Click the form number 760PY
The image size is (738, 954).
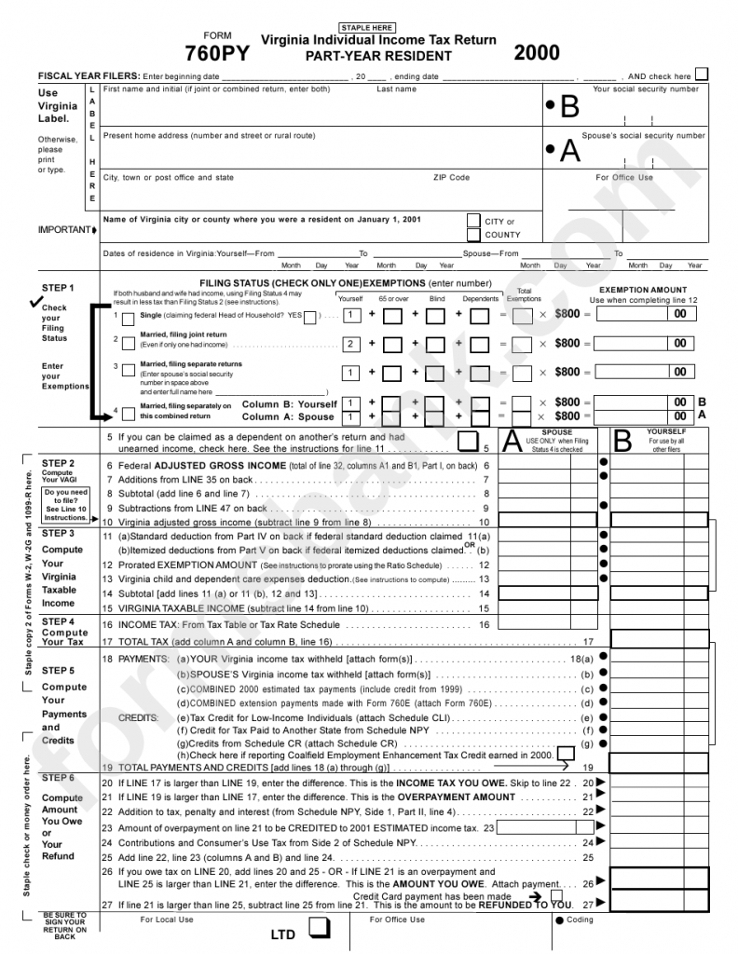(217, 53)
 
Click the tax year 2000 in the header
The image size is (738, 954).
(537, 52)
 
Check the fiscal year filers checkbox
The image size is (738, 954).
(702, 75)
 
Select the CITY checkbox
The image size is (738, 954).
(473, 221)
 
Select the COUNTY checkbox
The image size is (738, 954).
(473, 235)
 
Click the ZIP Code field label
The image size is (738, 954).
(451, 177)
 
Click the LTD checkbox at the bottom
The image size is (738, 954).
(320, 928)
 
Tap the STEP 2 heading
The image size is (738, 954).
(58, 463)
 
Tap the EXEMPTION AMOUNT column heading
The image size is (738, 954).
(643, 290)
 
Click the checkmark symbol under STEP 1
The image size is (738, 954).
(35, 301)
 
